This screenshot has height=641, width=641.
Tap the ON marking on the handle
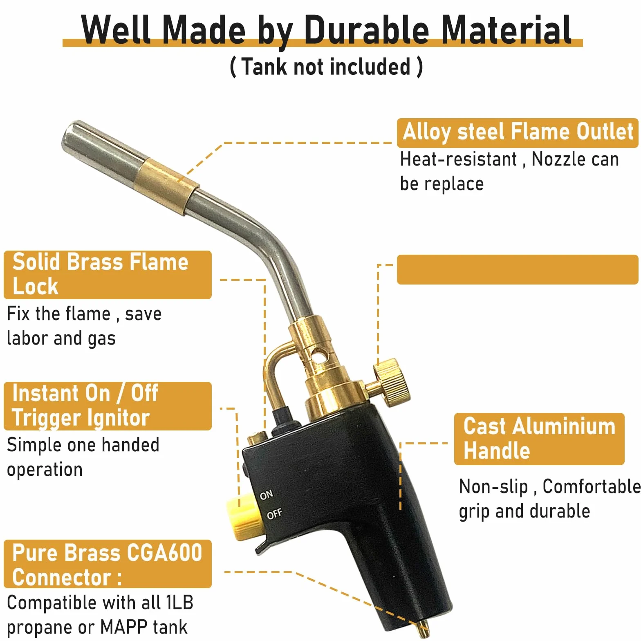pyautogui.click(x=266, y=495)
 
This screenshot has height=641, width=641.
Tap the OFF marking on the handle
pyautogui.click(x=274, y=513)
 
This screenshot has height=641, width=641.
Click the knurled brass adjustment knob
pyautogui.click(x=391, y=382)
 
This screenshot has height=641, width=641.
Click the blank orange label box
pyautogui.click(x=517, y=269)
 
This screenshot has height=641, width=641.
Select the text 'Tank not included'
pyautogui.click(x=325, y=67)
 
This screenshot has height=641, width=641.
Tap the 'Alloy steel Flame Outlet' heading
pyautogui.click(x=518, y=132)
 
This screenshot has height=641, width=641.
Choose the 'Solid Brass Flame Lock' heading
pyautogui.click(x=101, y=274)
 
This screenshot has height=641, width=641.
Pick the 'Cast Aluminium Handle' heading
pyautogui.click(x=539, y=438)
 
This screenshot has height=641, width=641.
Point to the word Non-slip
pyautogui.click(x=493, y=486)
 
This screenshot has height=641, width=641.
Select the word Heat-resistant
pyautogui.click(x=459, y=159)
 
